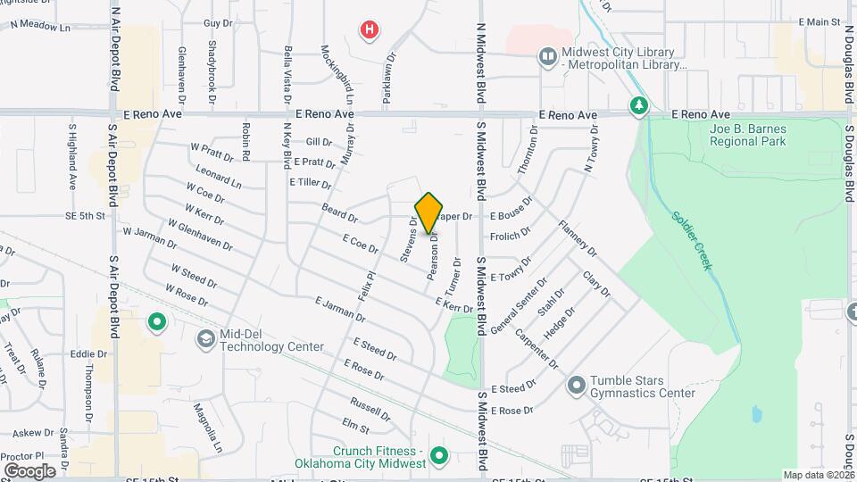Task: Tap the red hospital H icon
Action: (x=369, y=30)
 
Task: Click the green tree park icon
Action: (x=638, y=106)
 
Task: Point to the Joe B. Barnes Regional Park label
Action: (x=747, y=135)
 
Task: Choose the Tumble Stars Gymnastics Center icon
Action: (x=577, y=386)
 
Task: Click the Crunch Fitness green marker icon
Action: (x=438, y=457)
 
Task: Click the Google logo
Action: (x=29, y=470)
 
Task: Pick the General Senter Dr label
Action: (x=519, y=307)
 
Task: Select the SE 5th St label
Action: (x=85, y=215)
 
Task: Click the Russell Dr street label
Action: (x=370, y=409)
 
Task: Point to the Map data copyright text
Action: (x=818, y=475)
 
